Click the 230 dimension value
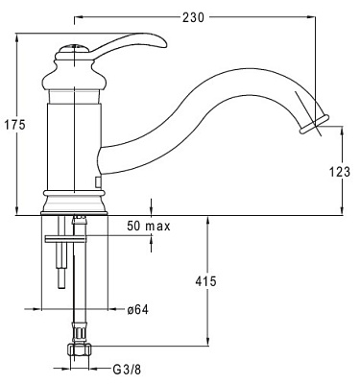tap(193, 17)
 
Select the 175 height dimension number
tap(14, 125)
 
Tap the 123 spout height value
tap(340, 172)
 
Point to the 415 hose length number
tap(205, 281)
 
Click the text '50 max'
tap(149, 226)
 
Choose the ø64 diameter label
tap(137, 309)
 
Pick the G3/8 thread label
tap(127, 370)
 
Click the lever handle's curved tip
tap(164, 44)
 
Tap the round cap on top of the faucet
tap(74, 49)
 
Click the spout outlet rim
tap(314, 124)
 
